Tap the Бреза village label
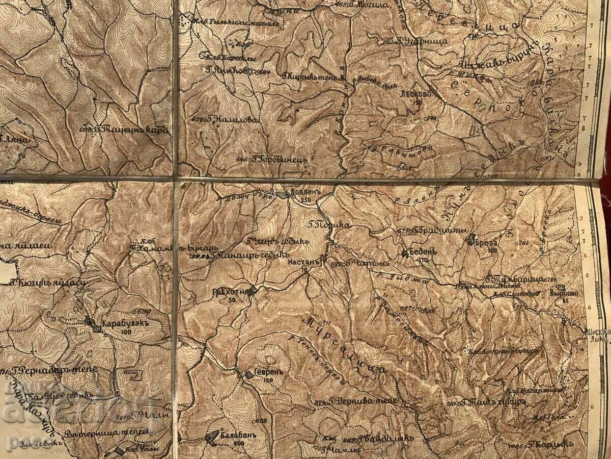pyautogui.click(x=488, y=243)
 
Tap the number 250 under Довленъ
pyautogui.click(x=305, y=200)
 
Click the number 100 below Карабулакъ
pyautogui.click(x=125, y=331)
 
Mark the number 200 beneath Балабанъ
pyautogui.click(x=239, y=444)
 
